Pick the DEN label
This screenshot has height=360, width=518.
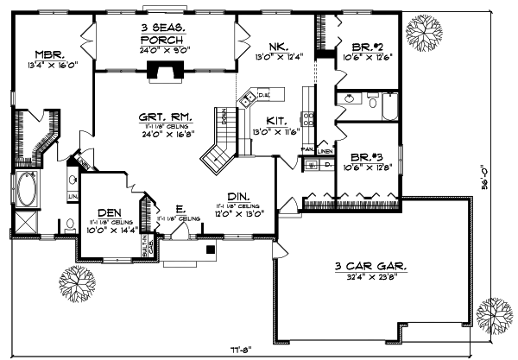tap(109, 212)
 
